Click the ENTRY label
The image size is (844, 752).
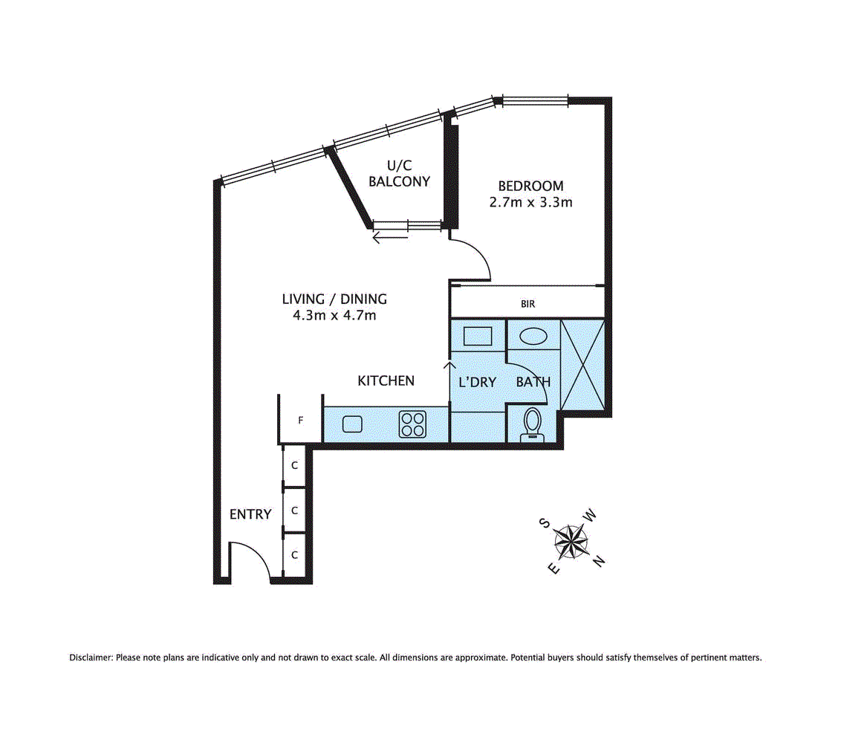(250, 514)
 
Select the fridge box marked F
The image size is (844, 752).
(300, 421)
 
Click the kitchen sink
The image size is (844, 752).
(353, 424)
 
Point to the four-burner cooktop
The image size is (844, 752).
(413, 424)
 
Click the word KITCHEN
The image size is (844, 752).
(386, 381)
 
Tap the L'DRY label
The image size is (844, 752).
(477, 383)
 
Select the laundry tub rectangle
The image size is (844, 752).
(477, 336)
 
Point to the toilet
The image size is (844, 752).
(532, 424)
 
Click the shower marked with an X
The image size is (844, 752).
(582, 364)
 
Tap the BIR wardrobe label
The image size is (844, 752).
(527, 304)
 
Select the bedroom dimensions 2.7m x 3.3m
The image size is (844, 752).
(530, 202)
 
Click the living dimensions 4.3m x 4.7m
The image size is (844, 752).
(334, 315)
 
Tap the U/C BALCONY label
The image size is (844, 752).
(400, 174)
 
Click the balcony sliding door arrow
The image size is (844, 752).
(391, 238)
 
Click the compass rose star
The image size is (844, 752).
(571, 542)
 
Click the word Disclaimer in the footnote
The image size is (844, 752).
(91, 658)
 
